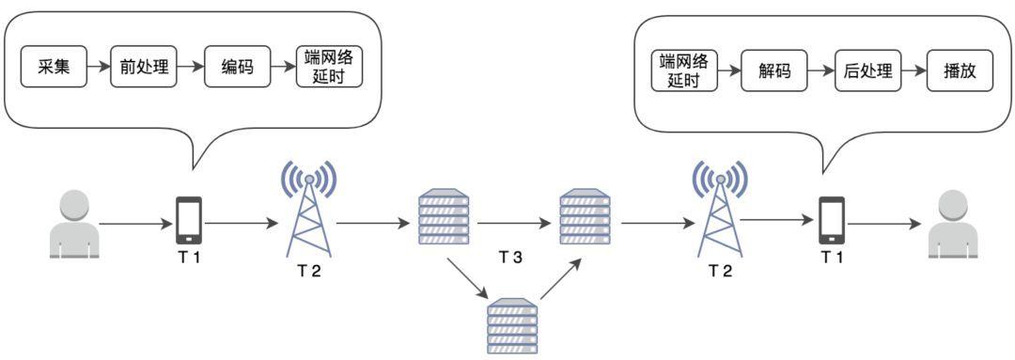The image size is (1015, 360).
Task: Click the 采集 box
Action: [54, 66]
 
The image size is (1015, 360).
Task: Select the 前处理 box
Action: [144, 66]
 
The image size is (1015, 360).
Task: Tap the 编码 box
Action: [238, 66]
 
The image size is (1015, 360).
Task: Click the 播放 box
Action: [960, 70]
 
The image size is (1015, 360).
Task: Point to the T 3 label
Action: [510, 258]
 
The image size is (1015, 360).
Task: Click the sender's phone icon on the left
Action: [189, 221]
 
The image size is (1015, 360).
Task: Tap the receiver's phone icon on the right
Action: [832, 221]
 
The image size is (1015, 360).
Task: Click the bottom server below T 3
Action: [512, 325]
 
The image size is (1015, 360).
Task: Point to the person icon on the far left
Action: [75, 224]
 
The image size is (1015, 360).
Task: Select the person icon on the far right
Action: [951, 224]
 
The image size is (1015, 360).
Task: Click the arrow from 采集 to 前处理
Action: [99, 66]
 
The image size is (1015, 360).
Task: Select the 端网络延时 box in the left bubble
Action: [329, 66]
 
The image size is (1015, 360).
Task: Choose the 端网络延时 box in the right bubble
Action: [684, 70]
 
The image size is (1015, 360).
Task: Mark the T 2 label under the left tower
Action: [310, 272]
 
